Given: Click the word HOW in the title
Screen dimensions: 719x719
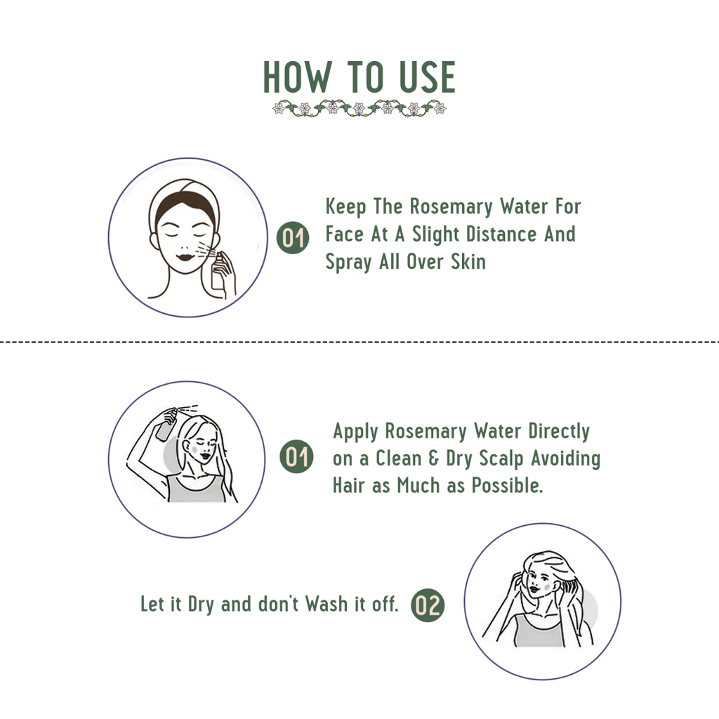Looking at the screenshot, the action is coord(297,77).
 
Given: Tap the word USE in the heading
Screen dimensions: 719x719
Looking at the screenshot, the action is coord(428,77).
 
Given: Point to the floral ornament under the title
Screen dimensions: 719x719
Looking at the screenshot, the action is coord(359,108).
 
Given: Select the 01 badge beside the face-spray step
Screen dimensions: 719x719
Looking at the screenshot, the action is coord(293,237).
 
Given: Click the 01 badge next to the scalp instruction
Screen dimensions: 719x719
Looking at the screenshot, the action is coord(296,456).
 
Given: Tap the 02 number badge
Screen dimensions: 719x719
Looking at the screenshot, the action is coord(428,605).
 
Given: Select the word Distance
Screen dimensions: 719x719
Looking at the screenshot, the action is coord(501,234).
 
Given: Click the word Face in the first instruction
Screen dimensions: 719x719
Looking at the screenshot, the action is coord(344,234).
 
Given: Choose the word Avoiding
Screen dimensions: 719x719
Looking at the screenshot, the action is coord(566,459).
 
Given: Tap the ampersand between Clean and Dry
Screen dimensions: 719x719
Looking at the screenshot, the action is coord(433,459).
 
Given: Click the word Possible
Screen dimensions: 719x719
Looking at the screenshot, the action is coord(507,486).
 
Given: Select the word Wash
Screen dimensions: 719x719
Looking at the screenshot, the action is coord(326,604).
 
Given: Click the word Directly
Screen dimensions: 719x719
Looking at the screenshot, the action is coord(559,432).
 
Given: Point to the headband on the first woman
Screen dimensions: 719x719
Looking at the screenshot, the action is coord(185,195).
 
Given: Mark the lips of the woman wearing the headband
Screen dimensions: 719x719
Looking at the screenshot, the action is coord(185,257).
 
